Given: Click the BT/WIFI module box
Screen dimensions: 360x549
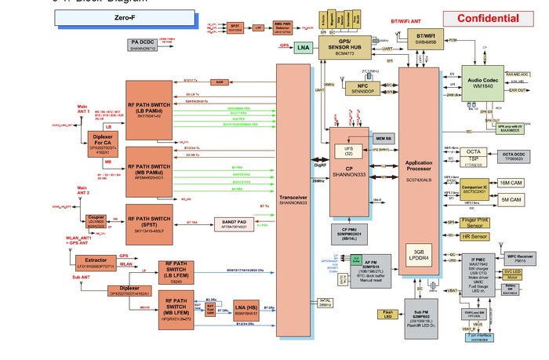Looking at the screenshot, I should (x=426, y=38).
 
